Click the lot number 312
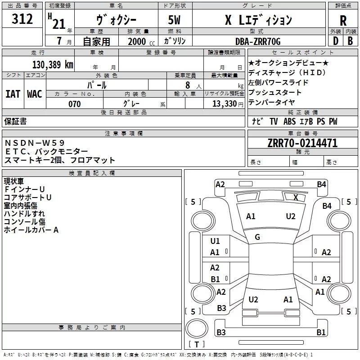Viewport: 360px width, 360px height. pos(22,19)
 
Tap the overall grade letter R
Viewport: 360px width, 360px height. pos(343,21)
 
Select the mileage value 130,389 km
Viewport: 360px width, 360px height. pos(53,64)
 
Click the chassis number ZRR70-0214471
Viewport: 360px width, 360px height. pos(302,143)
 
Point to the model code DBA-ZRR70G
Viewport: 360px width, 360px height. pos(258,41)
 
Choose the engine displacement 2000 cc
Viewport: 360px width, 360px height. pos(141,42)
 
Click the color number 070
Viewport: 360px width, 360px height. pos(75,104)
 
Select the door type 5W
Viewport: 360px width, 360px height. pos(174,20)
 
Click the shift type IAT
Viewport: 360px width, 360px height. pos(13,94)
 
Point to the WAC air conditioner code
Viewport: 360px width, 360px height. pos(35,94)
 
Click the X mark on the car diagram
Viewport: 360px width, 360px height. pos(296,197)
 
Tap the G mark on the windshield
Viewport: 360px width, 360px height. pos(257,237)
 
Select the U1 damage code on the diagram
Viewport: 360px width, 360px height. pos(215,241)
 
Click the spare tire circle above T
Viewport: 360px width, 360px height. pos(197,328)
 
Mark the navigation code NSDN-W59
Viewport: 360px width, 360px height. pos(35,143)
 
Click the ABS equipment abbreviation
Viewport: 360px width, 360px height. pos(289,121)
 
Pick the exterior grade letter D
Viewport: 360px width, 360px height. pos(336,41)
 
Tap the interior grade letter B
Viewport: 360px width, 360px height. pos(350,41)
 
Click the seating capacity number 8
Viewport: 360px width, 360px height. pos(188,85)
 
